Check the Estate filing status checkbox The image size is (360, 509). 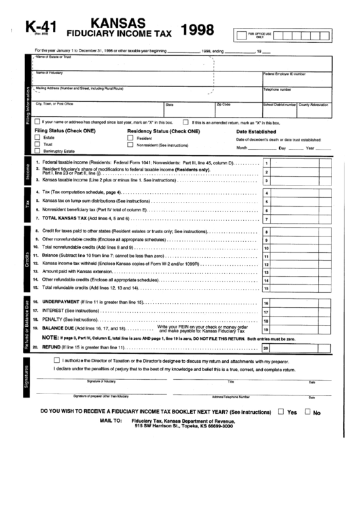click(x=37, y=137)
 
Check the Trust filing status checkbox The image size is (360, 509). click(x=37, y=145)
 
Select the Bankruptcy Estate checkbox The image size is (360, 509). click(x=37, y=152)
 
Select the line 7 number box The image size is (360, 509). click(x=267, y=219)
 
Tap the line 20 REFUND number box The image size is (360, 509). click(x=267, y=347)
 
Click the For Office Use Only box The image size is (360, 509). click(x=261, y=35)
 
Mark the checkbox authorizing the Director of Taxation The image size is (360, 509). click(x=57, y=360)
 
